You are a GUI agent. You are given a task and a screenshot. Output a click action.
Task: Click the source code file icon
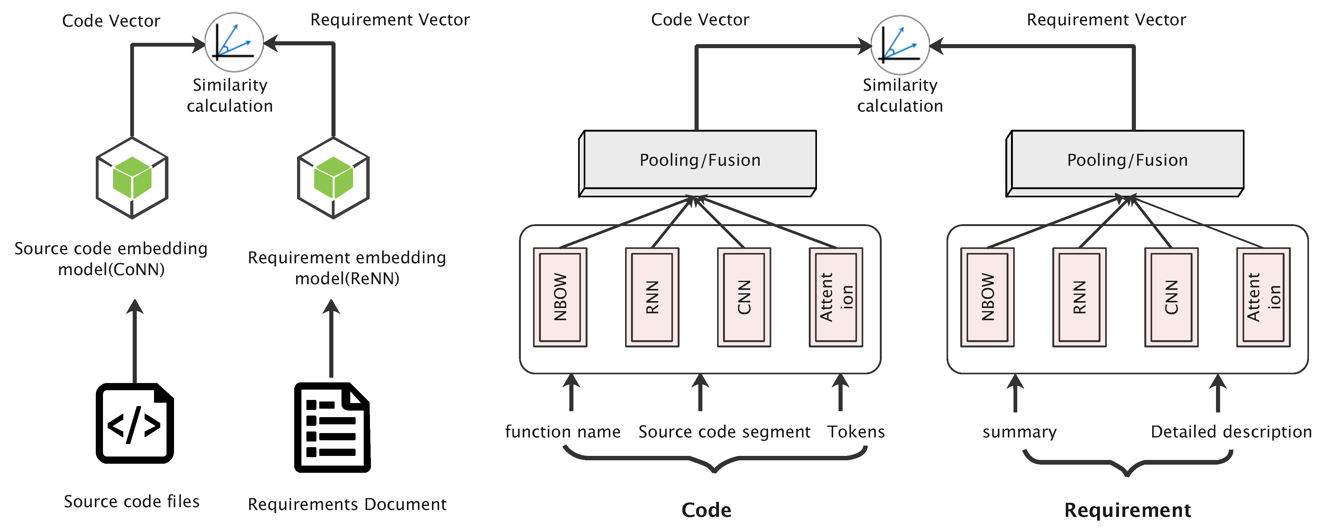pos(135,423)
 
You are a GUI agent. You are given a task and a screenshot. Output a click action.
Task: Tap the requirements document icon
pos(332,427)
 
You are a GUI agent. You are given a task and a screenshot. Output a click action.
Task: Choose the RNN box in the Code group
pos(652,297)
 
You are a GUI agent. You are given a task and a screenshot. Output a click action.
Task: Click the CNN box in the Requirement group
pos(1171,297)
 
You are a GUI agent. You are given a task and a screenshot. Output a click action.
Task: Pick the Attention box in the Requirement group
pos(1263,297)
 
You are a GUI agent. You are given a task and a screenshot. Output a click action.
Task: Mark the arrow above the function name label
pos(571,392)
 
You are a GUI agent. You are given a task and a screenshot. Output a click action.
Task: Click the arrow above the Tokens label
pos(840,392)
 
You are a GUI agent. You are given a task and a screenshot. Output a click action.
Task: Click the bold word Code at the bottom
pos(706,510)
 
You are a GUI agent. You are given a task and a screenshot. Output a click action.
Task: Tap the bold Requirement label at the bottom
pos(1127,510)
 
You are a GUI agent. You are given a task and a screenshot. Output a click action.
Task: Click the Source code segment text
pos(724,432)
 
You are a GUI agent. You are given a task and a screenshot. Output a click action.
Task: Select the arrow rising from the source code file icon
pos(135,341)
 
